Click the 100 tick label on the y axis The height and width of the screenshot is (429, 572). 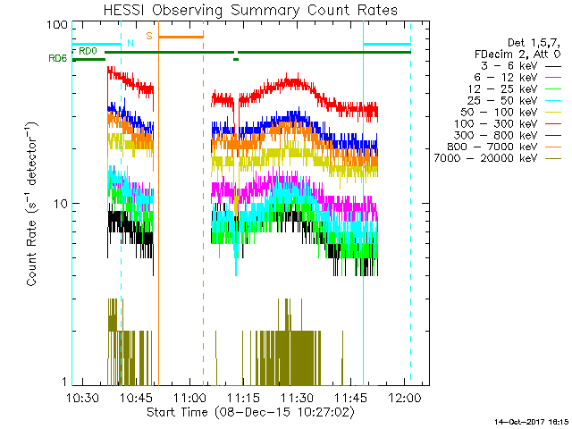click(57, 24)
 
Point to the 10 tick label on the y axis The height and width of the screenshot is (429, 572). click(61, 204)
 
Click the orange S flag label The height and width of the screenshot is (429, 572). click(149, 36)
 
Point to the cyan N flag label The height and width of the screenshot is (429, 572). click(130, 43)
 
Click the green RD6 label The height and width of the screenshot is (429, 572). click(57, 58)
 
